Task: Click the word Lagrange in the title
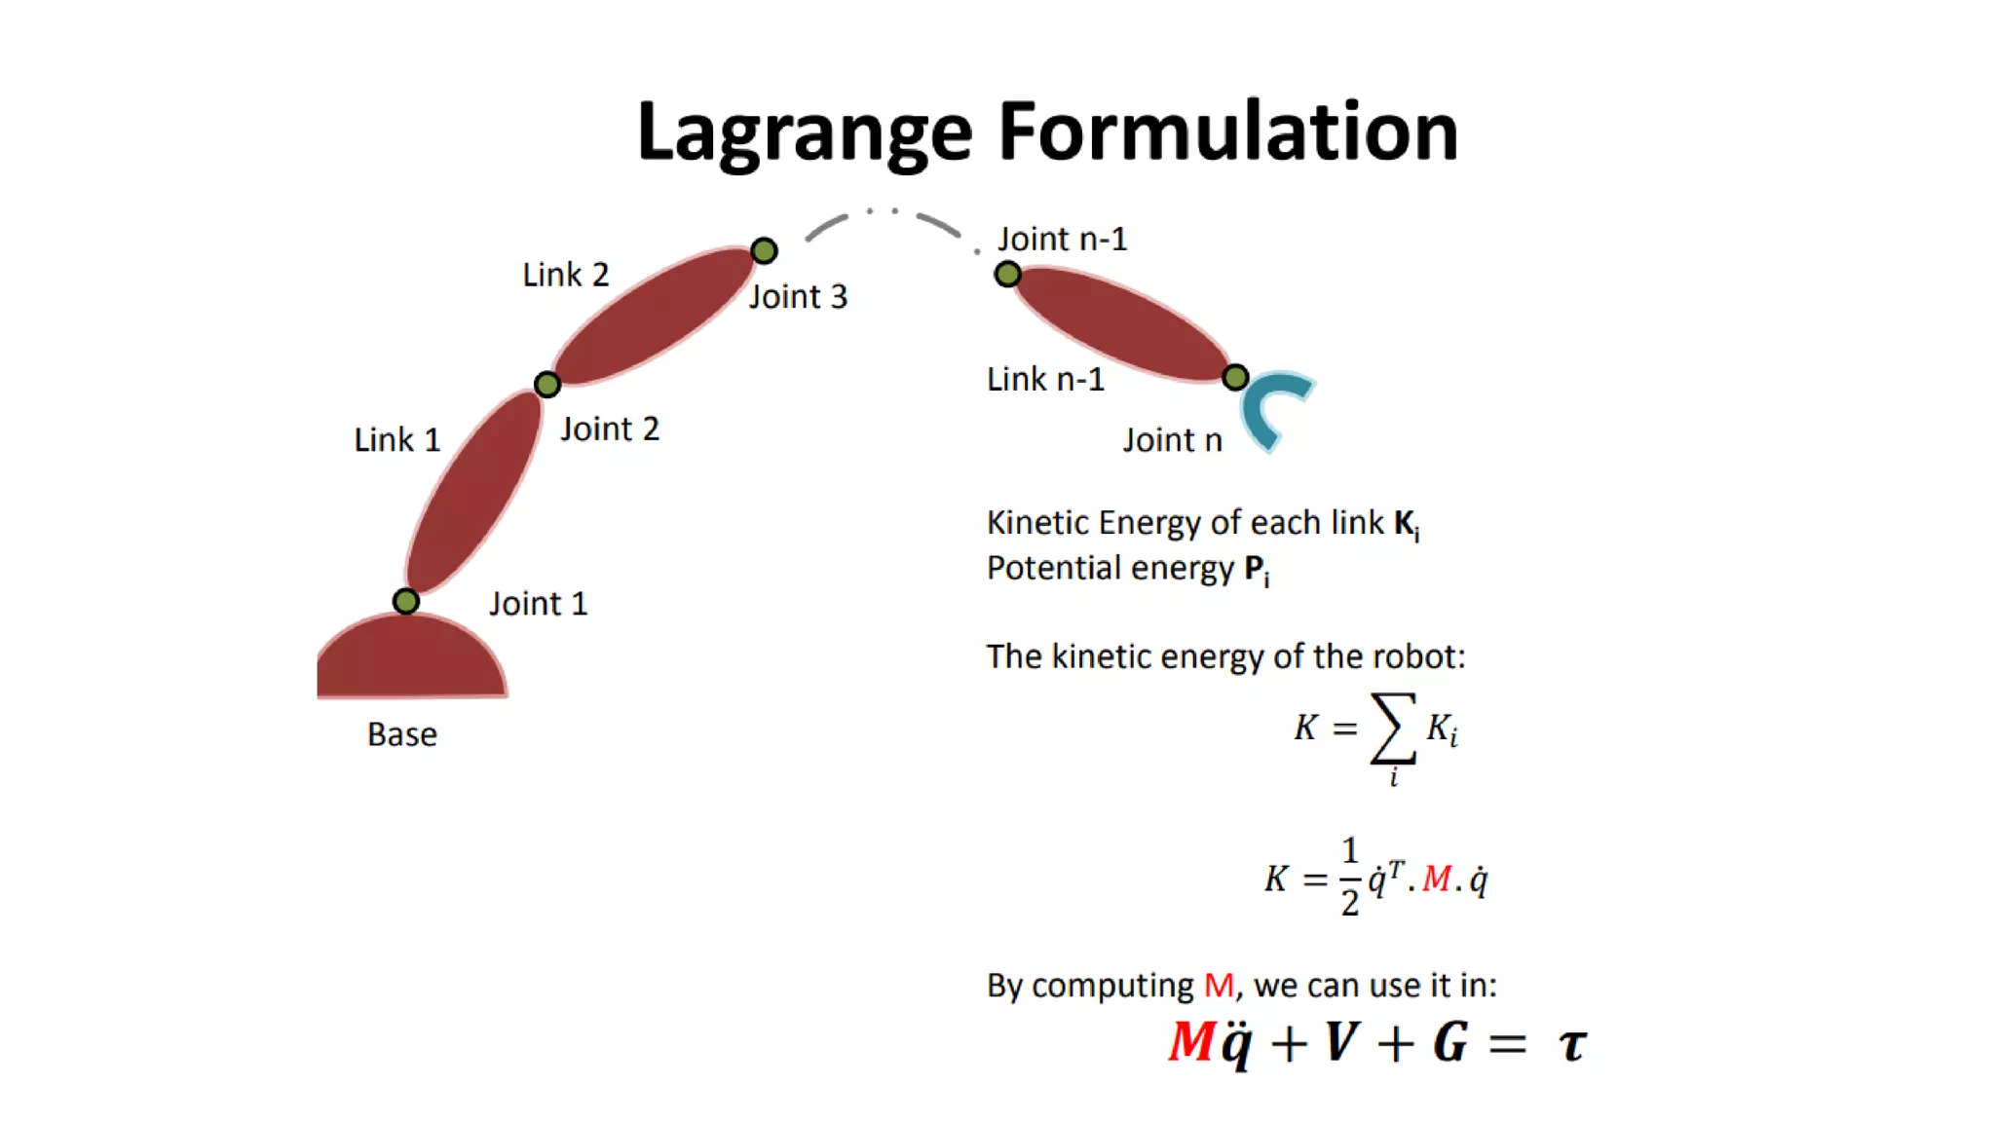click(x=805, y=132)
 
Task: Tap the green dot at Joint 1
click(x=406, y=601)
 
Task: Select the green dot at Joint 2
click(x=547, y=384)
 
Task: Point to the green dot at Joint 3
click(x=764, y=251)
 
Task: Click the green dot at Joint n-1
click(x=1007, y=275)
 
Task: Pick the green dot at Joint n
click(x=1235, y=377)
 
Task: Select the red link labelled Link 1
click(x=474, y=492)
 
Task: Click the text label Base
click(x=401, y=734)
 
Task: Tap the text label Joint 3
click(x=798, y=296)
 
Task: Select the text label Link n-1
click(x=1045, y=379)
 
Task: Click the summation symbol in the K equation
click(x=1393, y=728)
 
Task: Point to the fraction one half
click(x=1349, y=877)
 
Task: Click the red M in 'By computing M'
click(x=1219, y=986)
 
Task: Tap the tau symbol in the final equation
click(x=1572, y=1044)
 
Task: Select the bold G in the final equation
click(x=1449, y=1042)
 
